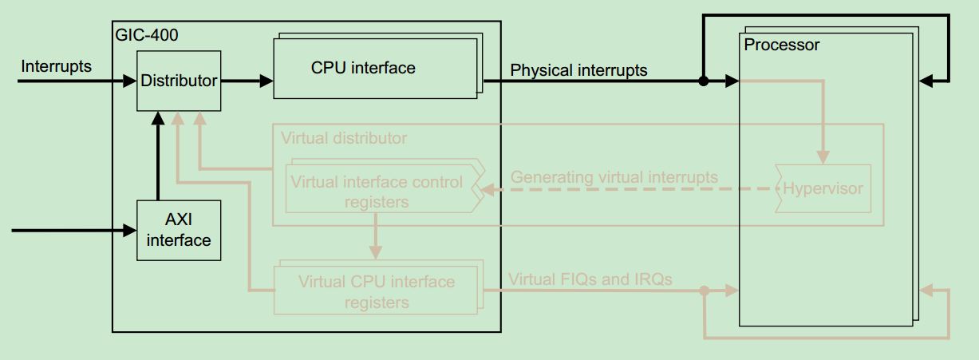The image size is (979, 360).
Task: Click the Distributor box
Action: coord(179,81)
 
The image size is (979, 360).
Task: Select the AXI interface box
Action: coord(179,230)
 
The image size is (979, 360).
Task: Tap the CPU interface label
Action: coord(363,68)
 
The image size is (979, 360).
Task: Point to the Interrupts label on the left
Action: coord(56,66)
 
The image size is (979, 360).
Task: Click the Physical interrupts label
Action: coord(578,70)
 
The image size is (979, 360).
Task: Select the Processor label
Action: coord(781,45)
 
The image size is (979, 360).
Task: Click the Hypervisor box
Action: coord(822,189)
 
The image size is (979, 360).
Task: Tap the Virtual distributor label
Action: coord(344,138)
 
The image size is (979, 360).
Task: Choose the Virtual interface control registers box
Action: coord(376,191)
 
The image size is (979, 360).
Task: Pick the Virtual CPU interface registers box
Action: coord(376,291)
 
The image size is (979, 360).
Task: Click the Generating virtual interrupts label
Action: coord(614,177)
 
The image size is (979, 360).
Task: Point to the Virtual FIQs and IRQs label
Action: coord(590,279)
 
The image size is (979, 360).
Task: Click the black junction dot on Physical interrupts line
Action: coord(703,81)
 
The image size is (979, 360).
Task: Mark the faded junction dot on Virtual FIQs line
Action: coord(704,291)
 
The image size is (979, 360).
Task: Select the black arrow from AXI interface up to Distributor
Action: coord(159,156)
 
